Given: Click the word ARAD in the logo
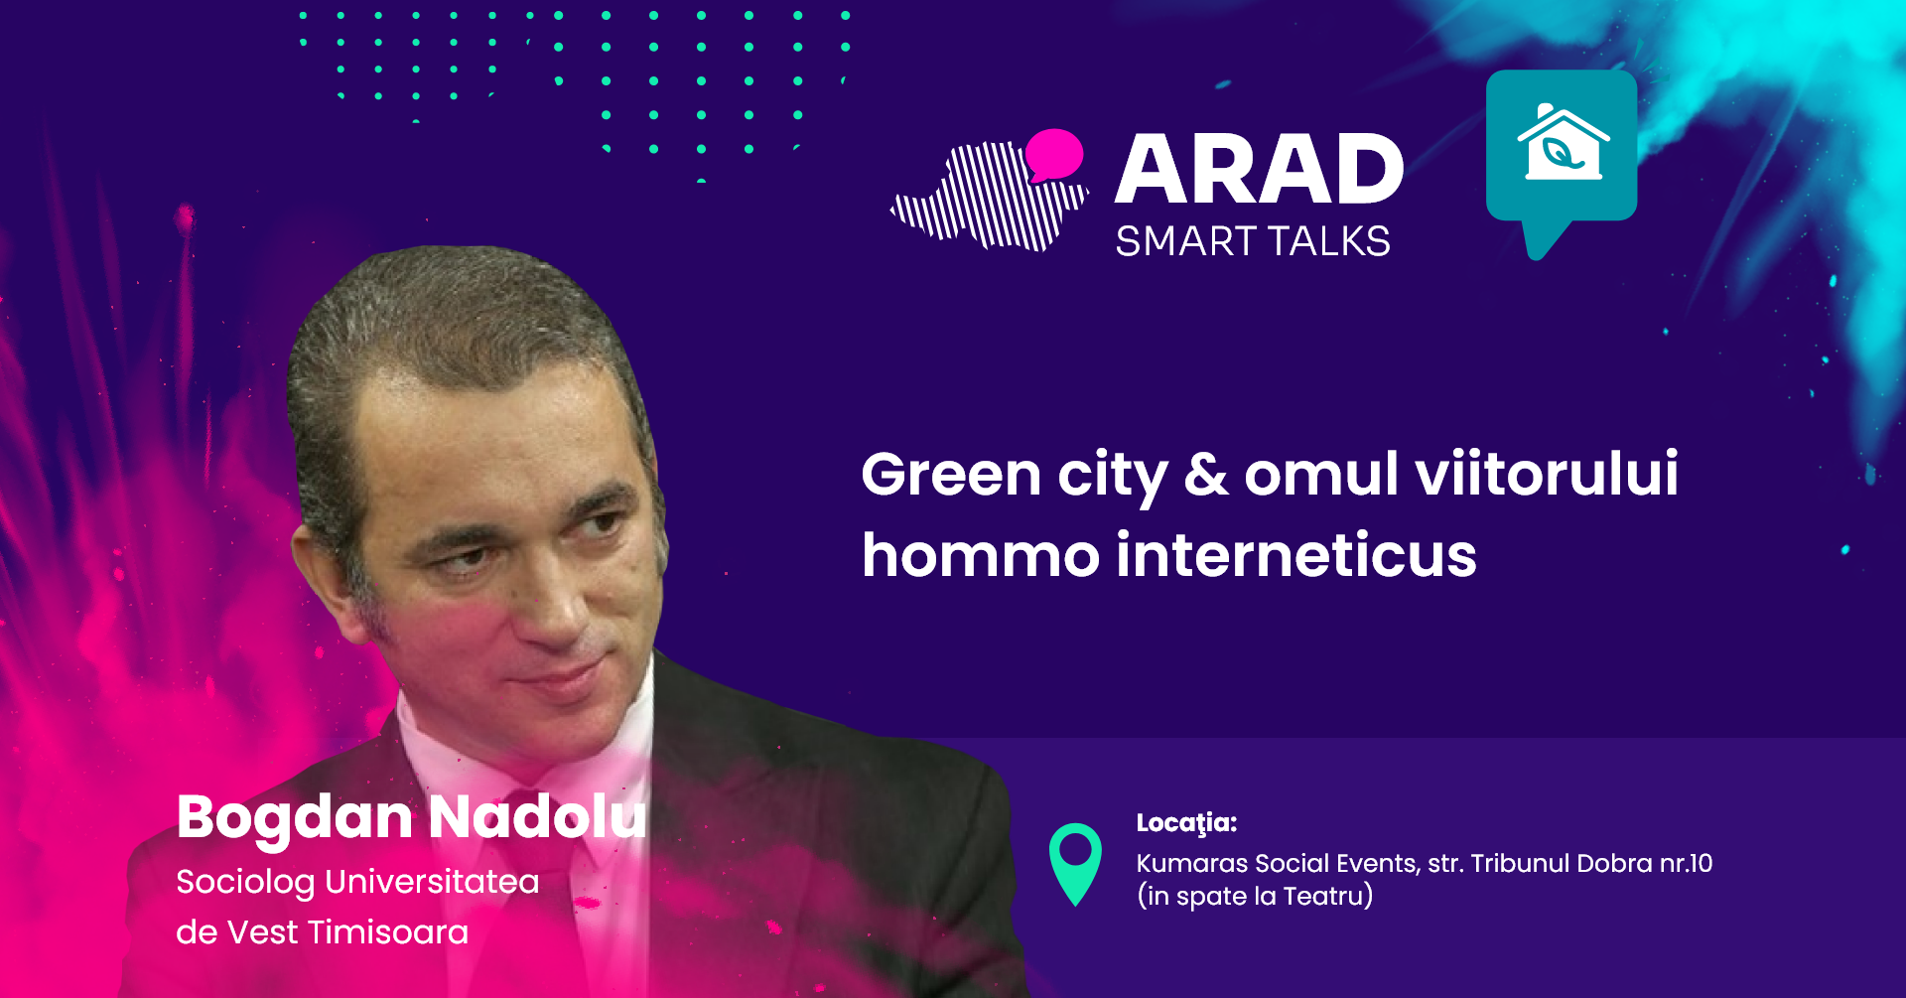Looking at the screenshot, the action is pyautogui.click(x=1259, y=169).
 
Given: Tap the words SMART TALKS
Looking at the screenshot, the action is pyautogui.click(x=1253, y=241).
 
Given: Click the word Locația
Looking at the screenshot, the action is pyautogui.click(x=1186, y=823).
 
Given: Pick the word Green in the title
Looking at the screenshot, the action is pyautogui.click(x=951, y=474).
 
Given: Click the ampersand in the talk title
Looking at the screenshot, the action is pyautogui.click(x=1206, y=474).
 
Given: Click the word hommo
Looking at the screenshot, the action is pyautogui.click(x=981, y=554).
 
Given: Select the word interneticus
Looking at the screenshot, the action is pyautogui.click(x=1296, y=554).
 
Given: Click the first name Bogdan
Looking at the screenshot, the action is pyautogui.click(x=294, y=818).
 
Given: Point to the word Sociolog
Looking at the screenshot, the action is pyautogui.click(x=245, y=883).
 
